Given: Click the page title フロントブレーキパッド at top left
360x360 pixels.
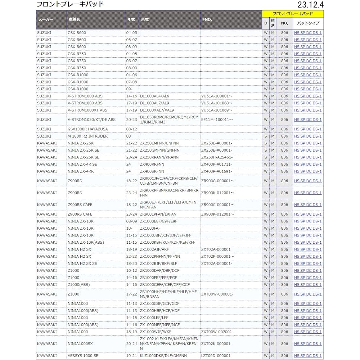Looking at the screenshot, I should (x=70, y=4).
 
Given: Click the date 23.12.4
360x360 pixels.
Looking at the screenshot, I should (x=310, y=5).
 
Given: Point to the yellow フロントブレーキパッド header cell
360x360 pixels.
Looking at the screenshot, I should (x=293, y=14).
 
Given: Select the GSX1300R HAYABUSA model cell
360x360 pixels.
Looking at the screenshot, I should (x=87, y=129).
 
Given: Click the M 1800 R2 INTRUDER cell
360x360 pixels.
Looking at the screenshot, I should (x=87, y=136).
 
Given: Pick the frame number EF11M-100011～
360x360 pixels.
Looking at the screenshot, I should (x=217, y=120).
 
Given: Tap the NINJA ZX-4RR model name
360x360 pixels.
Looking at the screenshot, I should (x=80, y=171).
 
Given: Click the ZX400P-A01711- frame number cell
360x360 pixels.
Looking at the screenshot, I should (x=217, y=164).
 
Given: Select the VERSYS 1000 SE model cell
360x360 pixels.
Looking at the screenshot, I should (x=83, y=355).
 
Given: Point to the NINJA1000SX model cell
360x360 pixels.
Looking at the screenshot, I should (x=80, y=344).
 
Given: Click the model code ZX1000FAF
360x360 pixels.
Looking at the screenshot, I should (x=150, y=228).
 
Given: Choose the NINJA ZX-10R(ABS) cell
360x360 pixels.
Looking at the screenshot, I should (x=86, y=242).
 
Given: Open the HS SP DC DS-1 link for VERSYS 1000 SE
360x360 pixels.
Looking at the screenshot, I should (x=308, y=355).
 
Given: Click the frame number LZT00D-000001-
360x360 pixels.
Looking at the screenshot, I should (x=217, y=355).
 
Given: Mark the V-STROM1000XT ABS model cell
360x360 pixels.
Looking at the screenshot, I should (x=87, y=110).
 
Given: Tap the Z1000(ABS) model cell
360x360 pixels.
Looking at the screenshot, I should (x=78, y=284).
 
